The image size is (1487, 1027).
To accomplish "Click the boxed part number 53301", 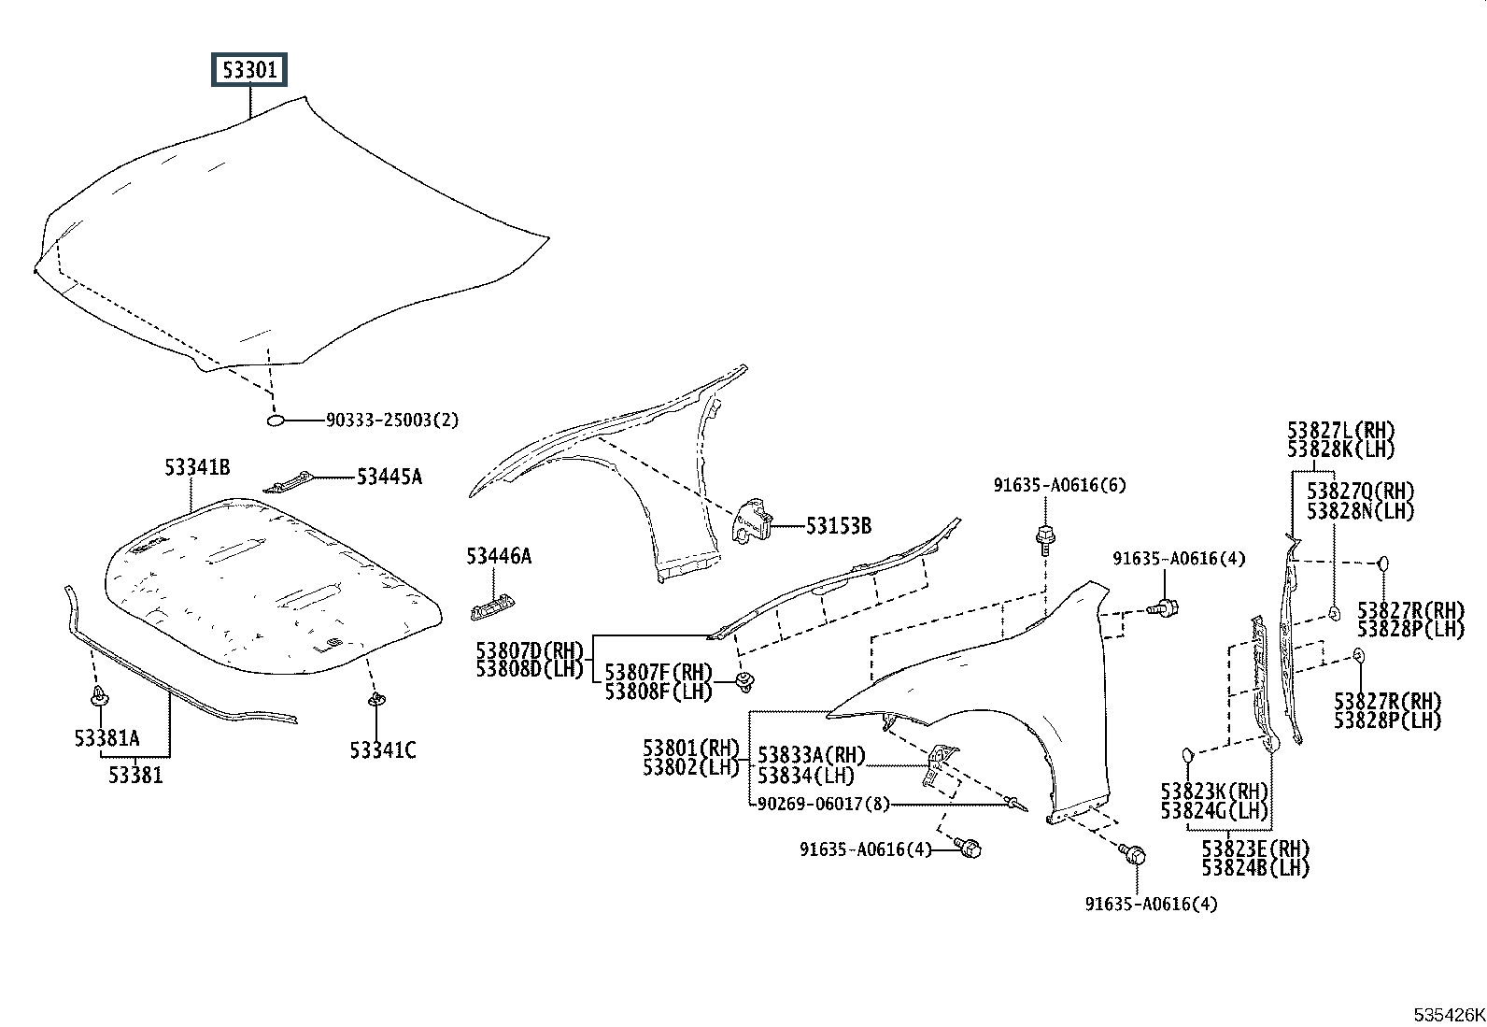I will click(x=249, y=70).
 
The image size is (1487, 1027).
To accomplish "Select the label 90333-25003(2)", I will click(x=392, y=421).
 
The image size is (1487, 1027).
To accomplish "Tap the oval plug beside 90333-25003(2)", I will click(x=276, y=421).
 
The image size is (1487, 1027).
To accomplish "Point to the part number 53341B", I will click(x=198, y=467).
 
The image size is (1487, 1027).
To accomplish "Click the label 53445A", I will click(x=389, y=478).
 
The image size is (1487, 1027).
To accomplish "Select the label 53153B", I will click(x=839, y=526).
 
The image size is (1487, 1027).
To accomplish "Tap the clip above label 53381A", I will click(x=98, y=697).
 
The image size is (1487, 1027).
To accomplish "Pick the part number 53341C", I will click(x=383, y=749).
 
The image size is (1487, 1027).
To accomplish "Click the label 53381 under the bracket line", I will click(x=135, y=775).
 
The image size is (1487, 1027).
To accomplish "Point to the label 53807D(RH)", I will click(x=529, y=650).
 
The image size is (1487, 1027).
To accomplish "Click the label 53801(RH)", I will click(x=690, y=748).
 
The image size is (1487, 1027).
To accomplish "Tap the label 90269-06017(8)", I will click(x=822, y=804).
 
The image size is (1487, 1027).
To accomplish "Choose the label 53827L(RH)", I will click(x=1340, y=431).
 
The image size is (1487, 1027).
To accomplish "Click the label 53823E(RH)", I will click(x=1255, y=849).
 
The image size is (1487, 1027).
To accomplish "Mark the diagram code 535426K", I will click(x=1448, y=1015).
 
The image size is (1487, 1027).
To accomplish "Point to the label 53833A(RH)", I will click(x=812, y=755).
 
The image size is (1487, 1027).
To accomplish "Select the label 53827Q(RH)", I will click(x=1360, y=492).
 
